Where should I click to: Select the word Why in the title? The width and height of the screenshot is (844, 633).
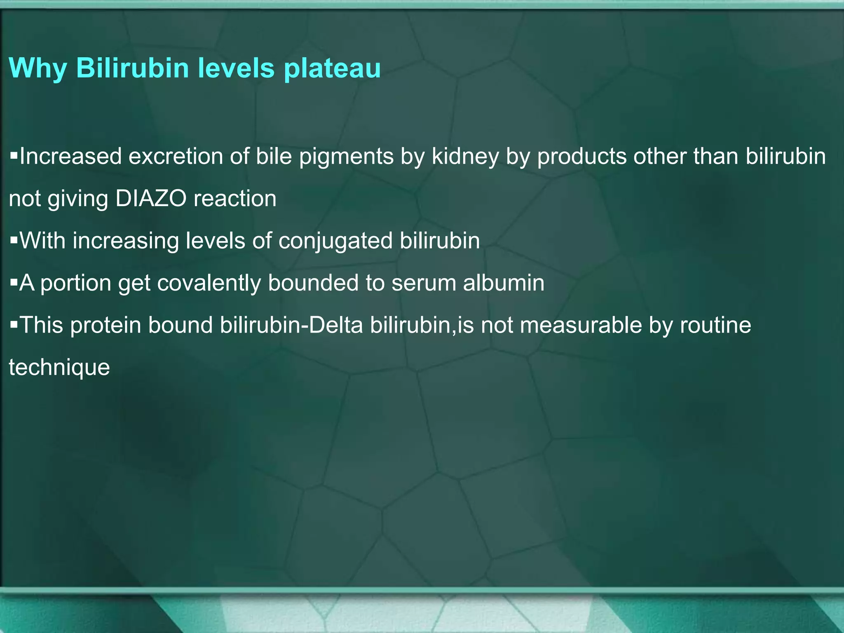pos(38,68)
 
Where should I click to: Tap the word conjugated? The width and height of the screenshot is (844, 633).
pos(335,241)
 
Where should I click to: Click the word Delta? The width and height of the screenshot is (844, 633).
pos(336,325)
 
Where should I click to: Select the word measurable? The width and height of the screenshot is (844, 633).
pos(581,325)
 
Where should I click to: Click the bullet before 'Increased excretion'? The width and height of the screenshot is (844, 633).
pos(14,156)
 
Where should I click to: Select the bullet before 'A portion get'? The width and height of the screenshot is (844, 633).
pos(14,283)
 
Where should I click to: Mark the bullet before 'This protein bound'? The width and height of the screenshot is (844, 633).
pos(14,325)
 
